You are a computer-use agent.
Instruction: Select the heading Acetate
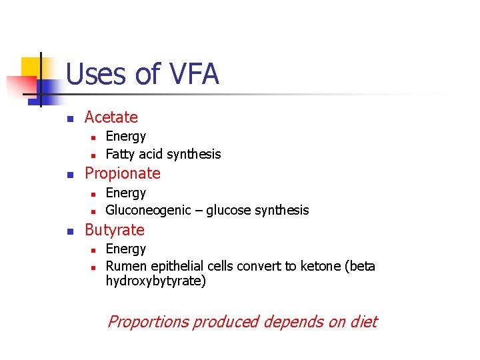(x=111, y=117)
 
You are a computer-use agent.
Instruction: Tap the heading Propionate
(x=122, y=173)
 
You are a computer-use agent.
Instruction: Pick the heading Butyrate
(x=114, y=230)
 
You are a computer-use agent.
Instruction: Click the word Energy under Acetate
(x=125, y=137)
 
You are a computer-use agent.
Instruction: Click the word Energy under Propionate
(x=125, y=193)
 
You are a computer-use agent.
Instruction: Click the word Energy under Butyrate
(x=125, y=249)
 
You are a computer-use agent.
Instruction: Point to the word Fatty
(x=119, y=154)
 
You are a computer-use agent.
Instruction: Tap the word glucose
(x=229, y=211)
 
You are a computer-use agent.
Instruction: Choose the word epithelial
(x=175, y=267)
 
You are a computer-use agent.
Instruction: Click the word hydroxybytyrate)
(x=156, y=281)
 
